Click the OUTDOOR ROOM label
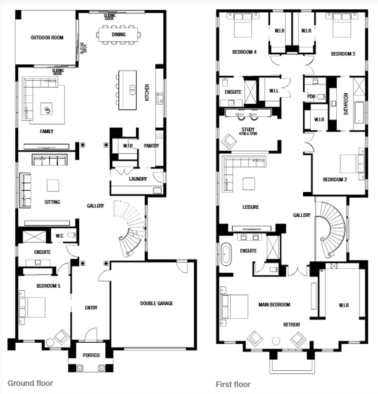tap(47, 38)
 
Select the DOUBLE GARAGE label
tap(156, 303)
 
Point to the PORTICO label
tap(91, 355)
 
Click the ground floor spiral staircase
tap(130, 228)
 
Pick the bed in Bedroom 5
tap(32, 307)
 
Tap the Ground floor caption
tap(30, 383)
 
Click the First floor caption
tap(233, 384)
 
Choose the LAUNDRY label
tap(138, 179)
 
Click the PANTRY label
tap(151, 146)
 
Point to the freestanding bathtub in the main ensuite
tap(226, 253)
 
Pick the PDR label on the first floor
tap(311, 97)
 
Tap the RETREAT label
tap(291, 324)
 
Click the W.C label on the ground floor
tap(59, 236)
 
